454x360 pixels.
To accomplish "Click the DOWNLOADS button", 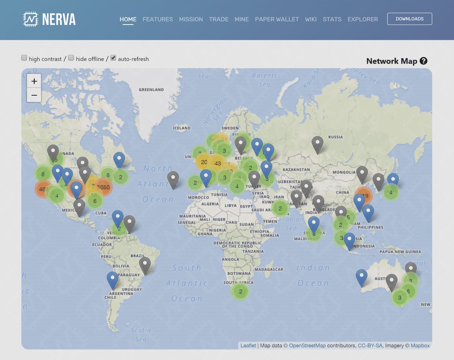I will (409, 19).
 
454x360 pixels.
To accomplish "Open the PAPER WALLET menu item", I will (277, 19).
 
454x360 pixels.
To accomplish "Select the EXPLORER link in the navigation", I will (362, 19).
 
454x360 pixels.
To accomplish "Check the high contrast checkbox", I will (24, 58).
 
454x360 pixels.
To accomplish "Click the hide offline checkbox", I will (71, 58).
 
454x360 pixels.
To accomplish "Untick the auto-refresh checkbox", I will (113, 58).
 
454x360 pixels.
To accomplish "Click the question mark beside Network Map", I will (423, 61).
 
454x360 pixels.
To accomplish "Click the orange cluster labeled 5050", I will (103, 188).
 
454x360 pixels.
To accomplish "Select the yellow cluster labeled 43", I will (218, 163).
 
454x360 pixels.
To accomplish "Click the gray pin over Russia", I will (317, 144).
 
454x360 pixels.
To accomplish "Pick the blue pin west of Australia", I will (361, 277).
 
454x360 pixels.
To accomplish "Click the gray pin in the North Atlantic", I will (173, 179).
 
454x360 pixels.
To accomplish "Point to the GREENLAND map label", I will (151, 90).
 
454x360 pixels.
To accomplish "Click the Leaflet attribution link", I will (248, 345).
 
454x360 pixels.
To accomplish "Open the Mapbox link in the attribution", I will (420, 345).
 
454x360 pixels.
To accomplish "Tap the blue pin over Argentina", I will (112, 280).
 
